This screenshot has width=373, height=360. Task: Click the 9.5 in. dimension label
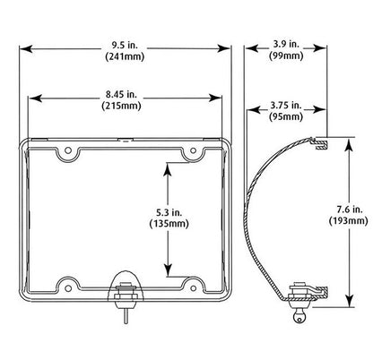(125, 46)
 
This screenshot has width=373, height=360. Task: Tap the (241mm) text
(125, 56)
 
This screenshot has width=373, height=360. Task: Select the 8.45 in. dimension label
(121, 94)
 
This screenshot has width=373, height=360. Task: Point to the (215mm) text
(121, 106)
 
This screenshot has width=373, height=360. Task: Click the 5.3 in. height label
(169, 212)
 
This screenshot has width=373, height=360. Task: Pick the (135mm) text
(169, 224)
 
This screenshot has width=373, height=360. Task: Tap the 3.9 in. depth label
(286, 44)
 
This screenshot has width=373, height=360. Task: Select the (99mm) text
(286, 56)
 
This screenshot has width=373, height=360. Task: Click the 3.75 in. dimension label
(286, 105)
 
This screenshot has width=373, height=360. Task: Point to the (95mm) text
(286, 116)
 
